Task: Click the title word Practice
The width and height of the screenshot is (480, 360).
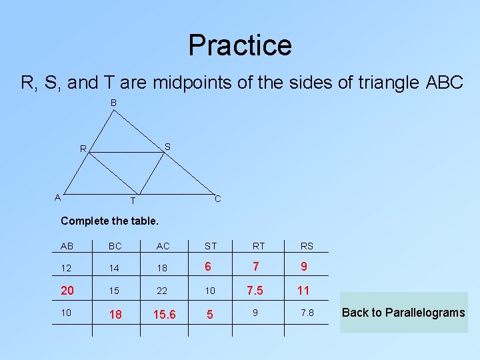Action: (x=240, y=45)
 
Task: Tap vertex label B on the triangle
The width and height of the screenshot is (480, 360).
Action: (x=114, y=103)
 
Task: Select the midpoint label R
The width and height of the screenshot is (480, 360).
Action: (x=83, y=149)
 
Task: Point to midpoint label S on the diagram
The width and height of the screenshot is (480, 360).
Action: (x=167, y=146)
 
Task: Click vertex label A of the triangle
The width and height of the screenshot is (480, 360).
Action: (x=58, y=197)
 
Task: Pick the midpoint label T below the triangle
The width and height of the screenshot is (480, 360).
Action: (x=133, y=201)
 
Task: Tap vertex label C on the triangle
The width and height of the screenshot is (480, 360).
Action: (x=217, y=199)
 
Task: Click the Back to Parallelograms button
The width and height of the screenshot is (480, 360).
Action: (x=403, y=313)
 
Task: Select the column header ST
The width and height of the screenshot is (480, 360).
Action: (x=211, y=246)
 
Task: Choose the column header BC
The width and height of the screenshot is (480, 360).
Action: (x=115, y=246)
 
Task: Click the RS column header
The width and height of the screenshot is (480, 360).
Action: (x=306, y=246)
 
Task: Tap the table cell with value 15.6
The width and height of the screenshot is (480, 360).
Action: (x=163, y=314)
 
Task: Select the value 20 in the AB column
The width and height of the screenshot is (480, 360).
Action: (x=67, y=290)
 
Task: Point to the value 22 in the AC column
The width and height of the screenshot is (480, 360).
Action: (x=163, y=291)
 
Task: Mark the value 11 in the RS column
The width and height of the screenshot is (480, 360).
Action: (x=304, y=291)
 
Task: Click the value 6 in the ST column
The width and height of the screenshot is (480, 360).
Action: (x=209, y=267)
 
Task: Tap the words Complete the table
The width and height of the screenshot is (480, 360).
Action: (x=109, y=221)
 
